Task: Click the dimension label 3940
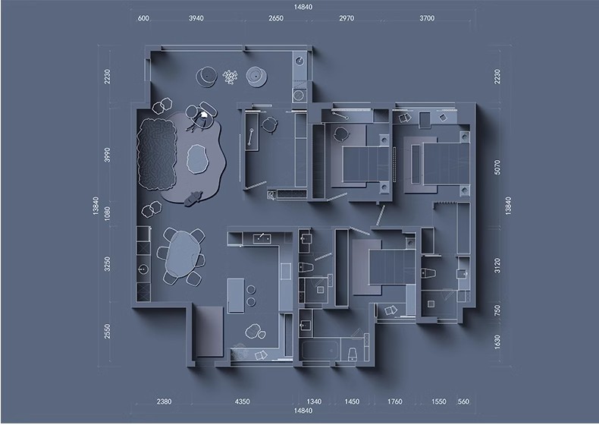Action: tap(196, 18)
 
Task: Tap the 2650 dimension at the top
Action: tap(276, 18)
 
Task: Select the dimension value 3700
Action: tap(427, 18)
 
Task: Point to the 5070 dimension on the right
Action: tap(497, 167)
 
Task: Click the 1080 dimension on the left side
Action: tap(108, 213)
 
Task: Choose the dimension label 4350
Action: tap(242, 401)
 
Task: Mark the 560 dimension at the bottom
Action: tap(463, 401)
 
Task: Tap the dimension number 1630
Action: tap(497, 342)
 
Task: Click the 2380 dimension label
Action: tap(164, 401)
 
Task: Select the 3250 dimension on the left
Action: tap(108, 264)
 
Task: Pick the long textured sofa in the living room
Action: tap(157, 155)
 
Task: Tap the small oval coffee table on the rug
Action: tap(197, 159)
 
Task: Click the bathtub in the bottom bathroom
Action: tap(319, 350)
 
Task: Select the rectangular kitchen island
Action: tap(236, 296)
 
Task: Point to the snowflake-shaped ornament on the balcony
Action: tap(230, 77)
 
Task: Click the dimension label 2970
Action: tap(347, 18)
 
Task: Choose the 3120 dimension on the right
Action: tap(497, 266)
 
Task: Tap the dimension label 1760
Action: tap(394, 401)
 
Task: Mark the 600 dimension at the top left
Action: tap(143, 18)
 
